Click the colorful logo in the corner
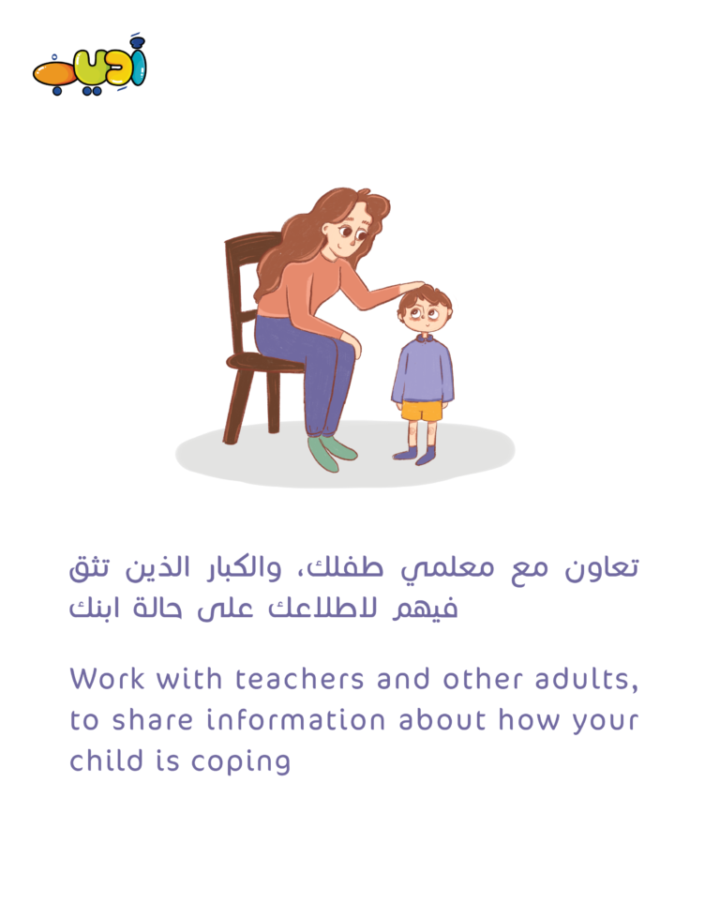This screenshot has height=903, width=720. pos(89,67)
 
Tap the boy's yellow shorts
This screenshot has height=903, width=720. pos(422,411)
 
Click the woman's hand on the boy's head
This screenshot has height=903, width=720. pos(412,287)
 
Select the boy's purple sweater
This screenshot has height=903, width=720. pos(423,369)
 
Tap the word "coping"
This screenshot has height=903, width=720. pos(241,762)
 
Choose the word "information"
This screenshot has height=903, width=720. pos(296,720)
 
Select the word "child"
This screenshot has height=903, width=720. pos(107,760)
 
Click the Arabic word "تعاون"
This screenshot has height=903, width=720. pos(601,568)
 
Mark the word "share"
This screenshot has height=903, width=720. pos(152,720)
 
